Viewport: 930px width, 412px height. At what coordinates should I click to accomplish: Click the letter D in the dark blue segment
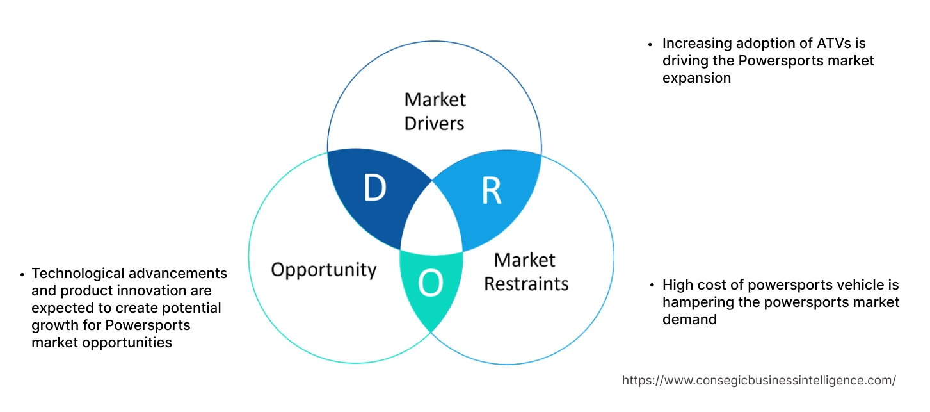pos(374,188)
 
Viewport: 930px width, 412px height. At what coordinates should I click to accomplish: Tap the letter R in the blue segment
pos(491,190)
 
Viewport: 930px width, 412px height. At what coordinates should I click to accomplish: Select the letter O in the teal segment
pos(430,284)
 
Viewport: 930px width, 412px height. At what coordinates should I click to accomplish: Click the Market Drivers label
pos(435,111)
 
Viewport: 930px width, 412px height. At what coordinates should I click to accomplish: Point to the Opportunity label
pos(323,269)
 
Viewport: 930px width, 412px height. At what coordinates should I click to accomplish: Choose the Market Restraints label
pos(525,271)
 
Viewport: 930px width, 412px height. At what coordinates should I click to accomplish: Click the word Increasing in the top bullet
pos(697,44)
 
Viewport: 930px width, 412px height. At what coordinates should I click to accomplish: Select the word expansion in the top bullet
pos(696,78)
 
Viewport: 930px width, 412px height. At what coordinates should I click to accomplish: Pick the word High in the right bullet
pos(678,284)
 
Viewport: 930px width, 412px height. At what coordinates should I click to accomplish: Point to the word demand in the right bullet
pos(689,319)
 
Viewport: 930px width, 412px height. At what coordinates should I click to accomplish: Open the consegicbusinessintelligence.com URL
pos(758,381)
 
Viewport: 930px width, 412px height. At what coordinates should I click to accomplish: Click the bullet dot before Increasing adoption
pos(650,45)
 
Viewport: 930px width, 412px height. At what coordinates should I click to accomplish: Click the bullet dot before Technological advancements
pos(22,274)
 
